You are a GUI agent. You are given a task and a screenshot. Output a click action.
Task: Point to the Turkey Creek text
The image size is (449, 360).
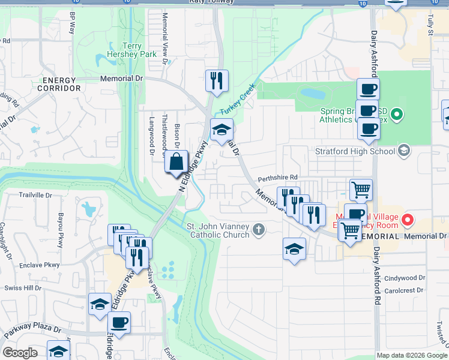pyautogui.click(x=238, y=99)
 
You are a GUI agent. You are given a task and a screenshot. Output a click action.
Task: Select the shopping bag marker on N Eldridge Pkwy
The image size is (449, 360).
pyautogui.click(x=176, y=163)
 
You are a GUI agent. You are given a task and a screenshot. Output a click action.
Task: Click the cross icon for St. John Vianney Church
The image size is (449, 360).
pyautogui.click(x=259, y=229)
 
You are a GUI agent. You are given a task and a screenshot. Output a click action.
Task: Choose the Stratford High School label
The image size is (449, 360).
pyautogui.click(x=355, y=151)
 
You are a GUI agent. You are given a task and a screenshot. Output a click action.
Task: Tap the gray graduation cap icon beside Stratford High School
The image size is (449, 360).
pyautogui.click(x=403, y=151)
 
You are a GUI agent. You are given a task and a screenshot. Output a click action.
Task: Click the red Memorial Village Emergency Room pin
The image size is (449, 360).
pyautogui.click(x=408, y=220)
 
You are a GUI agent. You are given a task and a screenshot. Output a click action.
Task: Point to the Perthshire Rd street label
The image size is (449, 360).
pyautogui.click(x=278, y=178)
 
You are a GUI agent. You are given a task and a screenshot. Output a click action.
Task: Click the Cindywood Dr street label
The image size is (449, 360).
pyautogui.click(x=405, y=278)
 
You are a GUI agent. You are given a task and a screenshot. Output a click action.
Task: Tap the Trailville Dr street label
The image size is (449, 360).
pyautogui.click(x=35, y=195)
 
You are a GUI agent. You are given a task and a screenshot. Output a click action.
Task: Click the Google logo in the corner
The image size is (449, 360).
pyautogui.click(x=20, y=353)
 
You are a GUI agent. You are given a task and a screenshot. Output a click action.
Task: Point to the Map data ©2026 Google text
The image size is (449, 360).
pyautogui.click(x=411, y=355)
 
